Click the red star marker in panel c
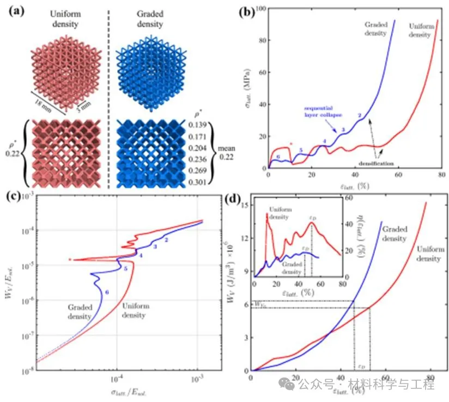pos(70,259)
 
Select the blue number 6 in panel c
pos(107,292)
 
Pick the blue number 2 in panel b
pos(360,115)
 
